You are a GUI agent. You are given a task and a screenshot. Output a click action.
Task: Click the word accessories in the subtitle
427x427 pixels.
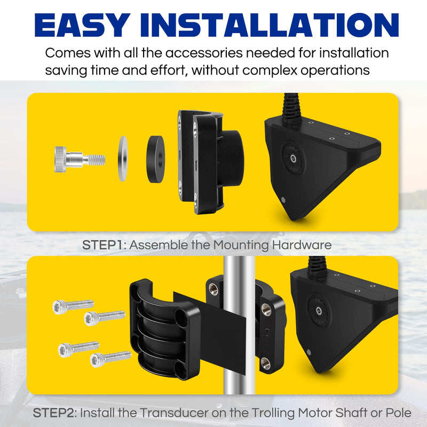(x=204, y=52)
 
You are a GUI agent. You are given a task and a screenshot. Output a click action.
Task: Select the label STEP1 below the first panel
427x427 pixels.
(x=102, y=245)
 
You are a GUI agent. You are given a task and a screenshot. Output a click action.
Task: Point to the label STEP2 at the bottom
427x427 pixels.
(x=53, y=413)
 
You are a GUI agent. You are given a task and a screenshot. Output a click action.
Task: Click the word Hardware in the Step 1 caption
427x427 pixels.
(x=302, y=245)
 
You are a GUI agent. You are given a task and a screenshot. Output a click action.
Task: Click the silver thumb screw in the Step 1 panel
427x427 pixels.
(x=80, y=159)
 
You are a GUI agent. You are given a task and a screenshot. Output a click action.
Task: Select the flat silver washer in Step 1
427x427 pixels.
(x=123, y=159)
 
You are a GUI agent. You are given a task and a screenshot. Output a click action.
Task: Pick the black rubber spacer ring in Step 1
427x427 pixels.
(x=155, y=159)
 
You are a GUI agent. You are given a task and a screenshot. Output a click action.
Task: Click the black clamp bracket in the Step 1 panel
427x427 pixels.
(x=210, y=162)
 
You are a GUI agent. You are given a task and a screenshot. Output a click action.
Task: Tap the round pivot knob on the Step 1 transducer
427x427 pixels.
(x=293, y=158)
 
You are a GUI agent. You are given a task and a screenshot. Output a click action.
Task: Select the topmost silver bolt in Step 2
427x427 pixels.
(x=73, y=306)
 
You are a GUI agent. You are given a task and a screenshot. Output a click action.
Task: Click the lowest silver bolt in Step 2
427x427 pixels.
(x=110, y=359)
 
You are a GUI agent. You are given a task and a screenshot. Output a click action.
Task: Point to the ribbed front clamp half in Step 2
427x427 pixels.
(x=165, y=329)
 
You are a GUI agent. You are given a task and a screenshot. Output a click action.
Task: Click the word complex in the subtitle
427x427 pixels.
(x=270, y=70)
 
